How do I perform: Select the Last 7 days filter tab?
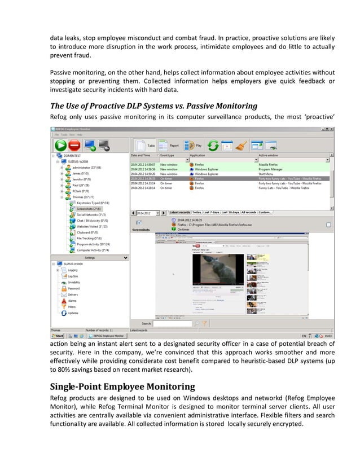point(211,212)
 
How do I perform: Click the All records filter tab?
point(249,212)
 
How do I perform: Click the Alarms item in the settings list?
point(72,301)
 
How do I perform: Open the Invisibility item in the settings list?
point(74,282)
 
